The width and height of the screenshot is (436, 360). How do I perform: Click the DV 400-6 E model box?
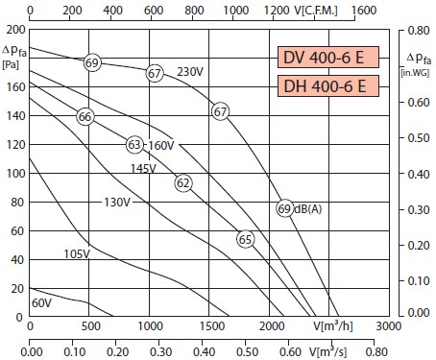[328, 58]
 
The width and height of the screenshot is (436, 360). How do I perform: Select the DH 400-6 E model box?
[328, 86]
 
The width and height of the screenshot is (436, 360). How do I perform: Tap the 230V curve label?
[190, 72]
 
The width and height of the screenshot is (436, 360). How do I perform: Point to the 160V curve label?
[161, 146]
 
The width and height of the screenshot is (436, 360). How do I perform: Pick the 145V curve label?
[143, 168]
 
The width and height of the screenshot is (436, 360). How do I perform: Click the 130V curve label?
[117, 203]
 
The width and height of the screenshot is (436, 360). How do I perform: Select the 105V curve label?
[77, 254]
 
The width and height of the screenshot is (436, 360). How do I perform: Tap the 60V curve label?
[41, 302]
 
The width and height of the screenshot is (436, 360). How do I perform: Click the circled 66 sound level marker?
[85, 116]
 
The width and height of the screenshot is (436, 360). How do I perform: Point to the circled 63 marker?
[134, 145]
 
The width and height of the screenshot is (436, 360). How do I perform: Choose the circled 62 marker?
[183, 183]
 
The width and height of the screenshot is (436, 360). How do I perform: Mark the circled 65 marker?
[246, 239]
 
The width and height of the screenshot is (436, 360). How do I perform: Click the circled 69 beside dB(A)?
[284, 208]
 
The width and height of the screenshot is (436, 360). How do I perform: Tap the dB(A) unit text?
[307, 209]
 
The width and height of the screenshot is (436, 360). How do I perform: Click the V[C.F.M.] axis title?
[316, 11]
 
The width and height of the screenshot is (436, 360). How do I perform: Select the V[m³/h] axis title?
[333, 325]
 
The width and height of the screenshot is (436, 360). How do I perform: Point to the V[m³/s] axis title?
[327, 351]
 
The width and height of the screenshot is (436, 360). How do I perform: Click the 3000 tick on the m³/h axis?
[388, 326]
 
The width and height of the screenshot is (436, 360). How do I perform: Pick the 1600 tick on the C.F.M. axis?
[364, 11]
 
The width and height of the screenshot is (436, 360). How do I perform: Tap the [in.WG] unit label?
[415, 73]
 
